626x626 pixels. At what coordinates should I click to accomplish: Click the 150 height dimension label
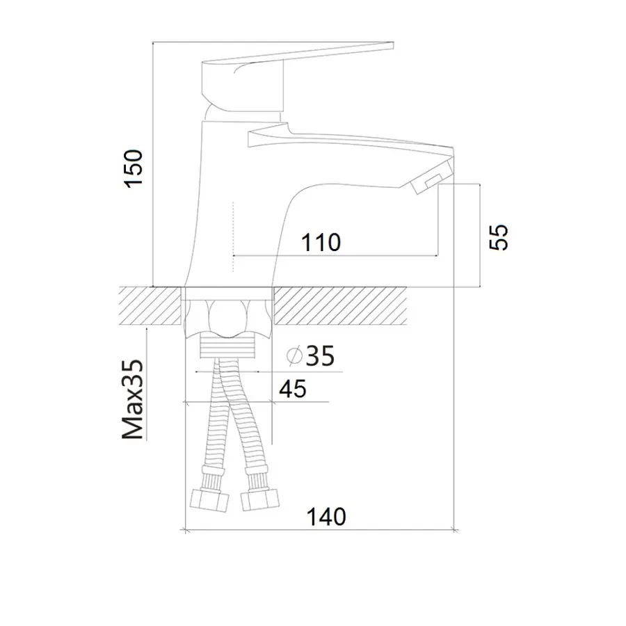134,168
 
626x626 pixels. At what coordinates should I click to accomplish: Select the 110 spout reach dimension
321,242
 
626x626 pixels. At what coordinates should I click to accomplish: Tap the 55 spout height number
499,238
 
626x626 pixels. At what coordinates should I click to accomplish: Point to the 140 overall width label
326,517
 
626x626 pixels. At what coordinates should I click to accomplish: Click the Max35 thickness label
133,399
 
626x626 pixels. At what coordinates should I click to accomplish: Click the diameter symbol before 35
295,355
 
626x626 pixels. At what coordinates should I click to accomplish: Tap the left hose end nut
209,500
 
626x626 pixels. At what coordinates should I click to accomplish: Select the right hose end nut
260,501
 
